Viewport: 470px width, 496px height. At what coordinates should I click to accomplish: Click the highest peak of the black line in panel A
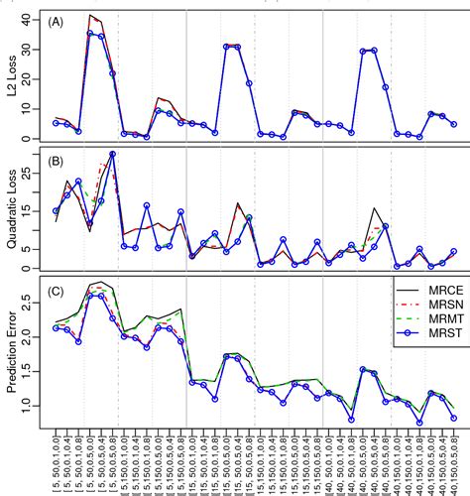coord(90,15)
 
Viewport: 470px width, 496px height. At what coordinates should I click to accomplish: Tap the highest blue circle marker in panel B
coord(112,154)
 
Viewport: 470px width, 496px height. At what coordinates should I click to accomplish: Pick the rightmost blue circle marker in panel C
coord(453,418)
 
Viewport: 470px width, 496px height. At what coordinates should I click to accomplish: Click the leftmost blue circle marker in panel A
coord(57,123)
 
